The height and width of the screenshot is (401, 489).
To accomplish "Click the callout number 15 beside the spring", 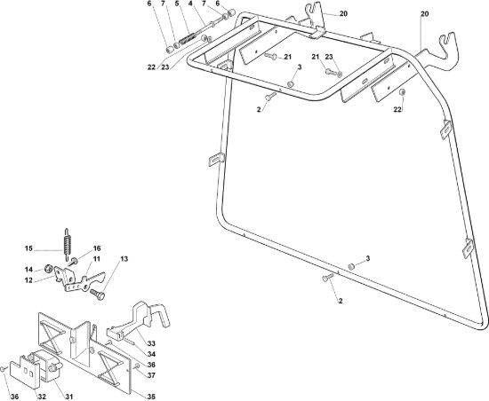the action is [28, 248].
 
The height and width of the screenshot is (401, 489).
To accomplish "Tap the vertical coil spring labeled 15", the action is [68, 244].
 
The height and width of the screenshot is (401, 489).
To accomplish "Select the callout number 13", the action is [124, 259].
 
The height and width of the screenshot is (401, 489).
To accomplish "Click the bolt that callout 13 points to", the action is [98, 294].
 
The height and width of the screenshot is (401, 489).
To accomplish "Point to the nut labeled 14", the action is [48, 268].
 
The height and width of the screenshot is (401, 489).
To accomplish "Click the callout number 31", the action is [69, 397].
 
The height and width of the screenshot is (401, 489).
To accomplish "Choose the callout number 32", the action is [42, 397].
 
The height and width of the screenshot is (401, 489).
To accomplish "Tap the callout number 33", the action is [151, 343].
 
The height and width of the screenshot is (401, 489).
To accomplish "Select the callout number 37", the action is [151, 375].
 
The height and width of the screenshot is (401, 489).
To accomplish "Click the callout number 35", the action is [151, 397].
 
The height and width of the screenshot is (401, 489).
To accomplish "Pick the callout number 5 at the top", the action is [177, 4].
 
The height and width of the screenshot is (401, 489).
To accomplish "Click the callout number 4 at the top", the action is [190, 4].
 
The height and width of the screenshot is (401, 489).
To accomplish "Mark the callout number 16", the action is [97, 248].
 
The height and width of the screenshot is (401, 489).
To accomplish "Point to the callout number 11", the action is [97, 259].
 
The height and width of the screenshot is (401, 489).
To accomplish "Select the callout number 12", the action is [28, 280].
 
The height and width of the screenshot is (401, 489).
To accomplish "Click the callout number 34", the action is [151, 354].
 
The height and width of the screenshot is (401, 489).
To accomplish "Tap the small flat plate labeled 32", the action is [25, 371].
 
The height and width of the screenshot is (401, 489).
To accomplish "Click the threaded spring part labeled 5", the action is [188, 40].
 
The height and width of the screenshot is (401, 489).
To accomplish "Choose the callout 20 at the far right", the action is [425, 13].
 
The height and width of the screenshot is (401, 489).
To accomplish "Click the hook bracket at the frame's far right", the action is [440, 53].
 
